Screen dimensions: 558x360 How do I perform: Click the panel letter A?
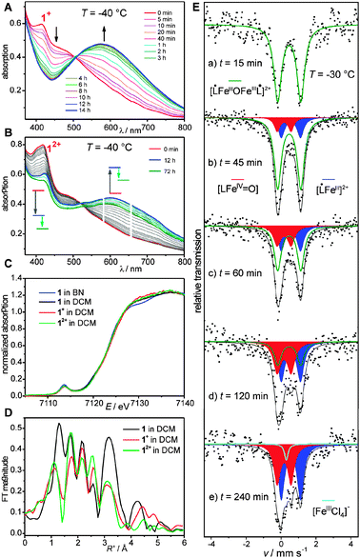pos(7,8)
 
